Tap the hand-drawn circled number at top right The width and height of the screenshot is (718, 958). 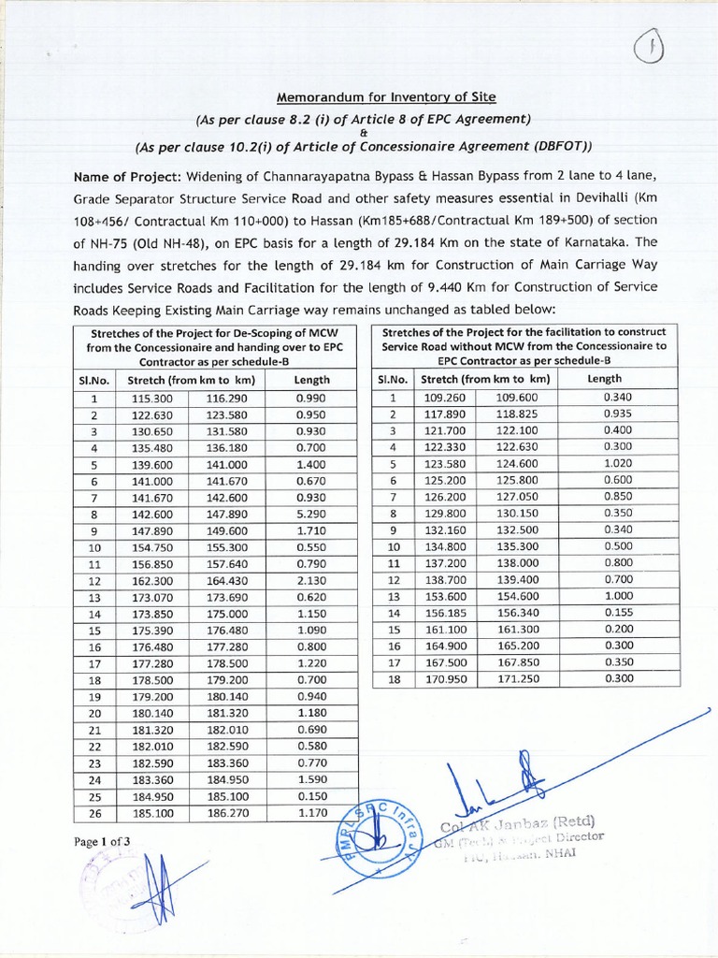(649, 49)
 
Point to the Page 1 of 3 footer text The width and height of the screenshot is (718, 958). (103, 841)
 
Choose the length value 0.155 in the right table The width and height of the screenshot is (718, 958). (618, 611)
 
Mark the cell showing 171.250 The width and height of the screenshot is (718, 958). (517, 678)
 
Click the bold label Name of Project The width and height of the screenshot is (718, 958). (128, 178)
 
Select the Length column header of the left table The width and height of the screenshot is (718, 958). (311, 380)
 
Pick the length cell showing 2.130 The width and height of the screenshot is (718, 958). (311, 581)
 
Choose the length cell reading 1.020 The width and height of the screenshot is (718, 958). (618, 463)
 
